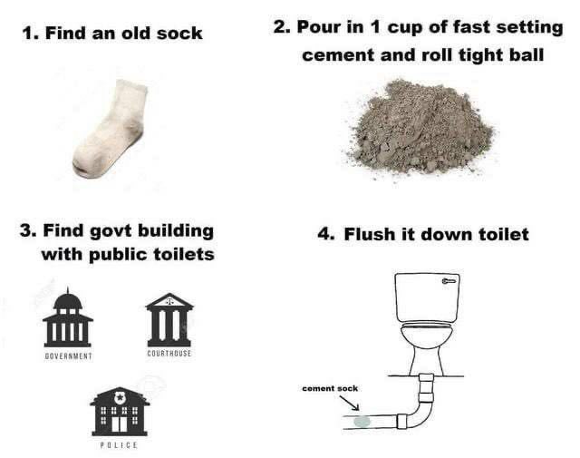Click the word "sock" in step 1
pos(179,34)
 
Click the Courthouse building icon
pos(169,319)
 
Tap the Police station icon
pos(120,411)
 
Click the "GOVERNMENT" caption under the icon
pos(68,356)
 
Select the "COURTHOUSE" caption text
pos(169,353)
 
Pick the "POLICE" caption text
pos(119,444)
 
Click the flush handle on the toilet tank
pos(449,281)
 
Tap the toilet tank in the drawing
pos(427,297)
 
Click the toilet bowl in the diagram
pos(427,335)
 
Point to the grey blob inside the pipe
pos(362,422)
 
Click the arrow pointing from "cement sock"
pos(349,404)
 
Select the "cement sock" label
pos(330,388)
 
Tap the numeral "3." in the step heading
pos(28,230)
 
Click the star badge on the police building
pos(120,398)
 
